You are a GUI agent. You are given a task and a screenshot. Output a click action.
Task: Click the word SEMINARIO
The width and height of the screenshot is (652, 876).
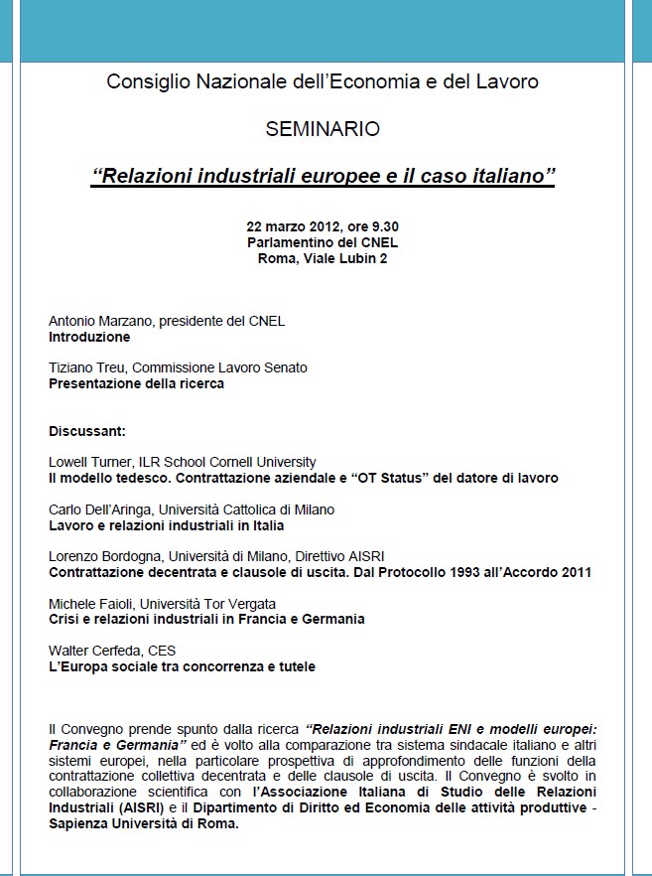tap(323, 129)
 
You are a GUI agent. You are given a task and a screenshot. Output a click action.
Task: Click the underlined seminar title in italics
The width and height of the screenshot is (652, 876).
tap(323, 177)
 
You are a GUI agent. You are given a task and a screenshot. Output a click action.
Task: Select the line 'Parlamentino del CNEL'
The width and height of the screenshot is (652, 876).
tap(323, 242)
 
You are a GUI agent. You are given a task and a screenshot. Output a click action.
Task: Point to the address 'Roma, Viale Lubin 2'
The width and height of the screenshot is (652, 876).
tap(323, 258)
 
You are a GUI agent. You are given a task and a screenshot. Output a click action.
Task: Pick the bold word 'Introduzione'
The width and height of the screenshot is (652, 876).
tap(89, 337)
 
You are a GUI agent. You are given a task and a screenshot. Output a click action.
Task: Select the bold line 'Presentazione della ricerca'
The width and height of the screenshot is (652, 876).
tap(136, 383)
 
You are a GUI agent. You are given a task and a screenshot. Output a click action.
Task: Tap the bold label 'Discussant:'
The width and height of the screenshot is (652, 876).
tap(87, 431)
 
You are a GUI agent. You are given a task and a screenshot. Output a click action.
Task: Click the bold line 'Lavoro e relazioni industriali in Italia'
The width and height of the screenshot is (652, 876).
tap(167, 525)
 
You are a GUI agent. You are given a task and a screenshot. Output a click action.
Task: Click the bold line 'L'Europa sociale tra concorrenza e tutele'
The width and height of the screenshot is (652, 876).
tap(183, 666)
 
